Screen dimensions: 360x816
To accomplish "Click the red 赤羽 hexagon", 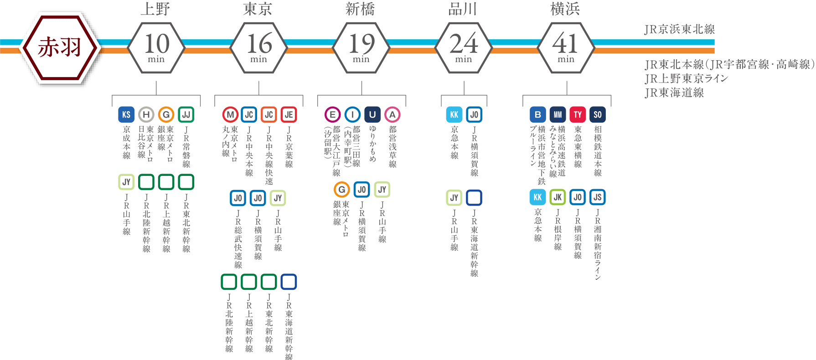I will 60,48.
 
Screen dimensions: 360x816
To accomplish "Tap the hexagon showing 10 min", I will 156,48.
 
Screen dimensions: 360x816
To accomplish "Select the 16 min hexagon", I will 259,48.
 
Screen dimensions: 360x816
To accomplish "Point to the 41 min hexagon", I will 566,48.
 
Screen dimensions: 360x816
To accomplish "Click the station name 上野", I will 155,9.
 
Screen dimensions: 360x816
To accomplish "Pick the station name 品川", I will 463,9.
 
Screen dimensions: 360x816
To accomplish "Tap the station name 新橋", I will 360,9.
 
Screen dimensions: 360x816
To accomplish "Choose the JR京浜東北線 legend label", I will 679,30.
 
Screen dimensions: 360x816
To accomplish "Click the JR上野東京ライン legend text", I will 686,78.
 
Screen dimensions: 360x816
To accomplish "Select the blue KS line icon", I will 126,115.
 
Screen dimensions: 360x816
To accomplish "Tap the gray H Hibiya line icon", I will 146,115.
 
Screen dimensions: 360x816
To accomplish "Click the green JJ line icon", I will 186,115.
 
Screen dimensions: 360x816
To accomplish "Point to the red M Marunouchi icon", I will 230,115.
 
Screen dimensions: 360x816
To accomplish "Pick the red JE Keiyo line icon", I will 289,115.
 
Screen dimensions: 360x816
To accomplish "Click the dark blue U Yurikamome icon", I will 372,115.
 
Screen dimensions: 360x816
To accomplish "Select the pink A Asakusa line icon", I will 393,115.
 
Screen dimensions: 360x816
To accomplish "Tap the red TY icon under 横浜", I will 578,115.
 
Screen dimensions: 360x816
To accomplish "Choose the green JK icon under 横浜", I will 558,197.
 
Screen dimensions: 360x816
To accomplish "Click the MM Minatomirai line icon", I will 558,115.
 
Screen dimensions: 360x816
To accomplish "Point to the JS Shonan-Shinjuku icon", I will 597,197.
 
